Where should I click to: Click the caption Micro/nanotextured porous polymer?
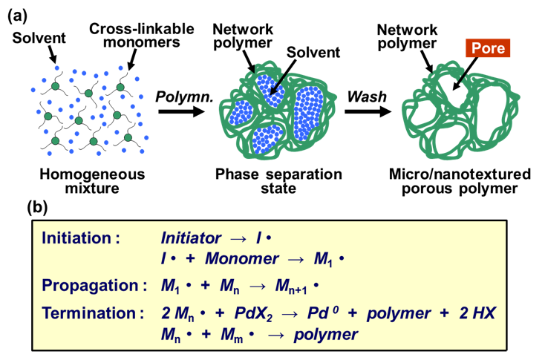tap(460, 182)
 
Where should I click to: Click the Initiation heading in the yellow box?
tap(81, 239)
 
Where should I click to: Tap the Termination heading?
tap(89, 313)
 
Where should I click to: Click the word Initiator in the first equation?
tap(191, 239)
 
